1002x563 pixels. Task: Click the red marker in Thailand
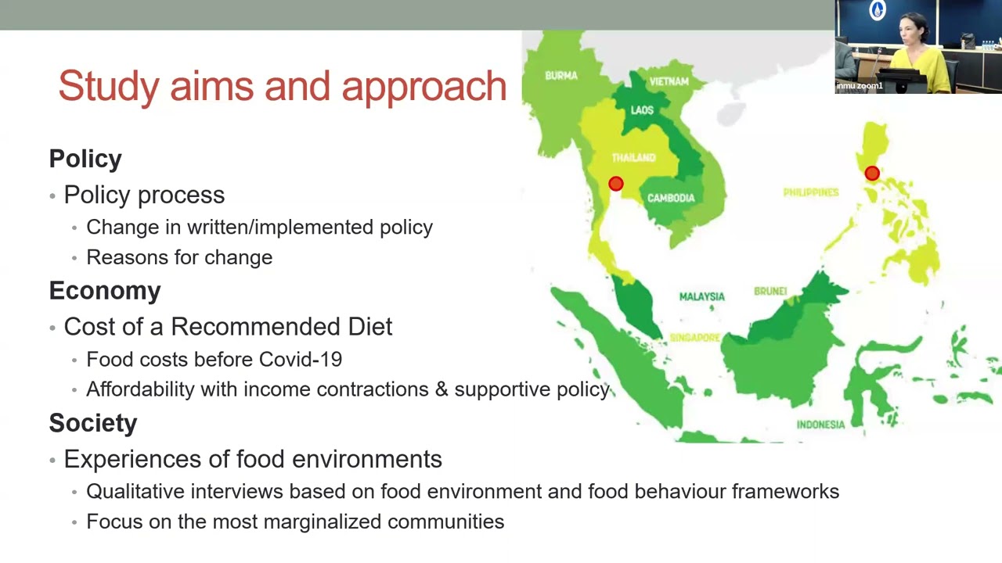[x=616, y=184]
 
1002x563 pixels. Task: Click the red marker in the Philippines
[x=872, y=174]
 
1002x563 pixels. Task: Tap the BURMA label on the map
[x=561, y=76]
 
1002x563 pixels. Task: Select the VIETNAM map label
[x=669, y=81]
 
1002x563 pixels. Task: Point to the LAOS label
[x=642, y=110]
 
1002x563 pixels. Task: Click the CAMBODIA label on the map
[x=671, y=198]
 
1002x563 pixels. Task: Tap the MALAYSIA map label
[x=701, y=296]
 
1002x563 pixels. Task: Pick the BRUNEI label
[x=770, y=291]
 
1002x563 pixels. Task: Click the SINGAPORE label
[x=694, y=338]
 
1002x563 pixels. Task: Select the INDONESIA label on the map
[x=820, y=425]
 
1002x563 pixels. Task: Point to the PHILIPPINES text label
[x=811, y=192]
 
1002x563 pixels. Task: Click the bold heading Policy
[x=85, y=159]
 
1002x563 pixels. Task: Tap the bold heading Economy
[x=105, y=291]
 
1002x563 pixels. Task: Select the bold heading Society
[x=93, y=423]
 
